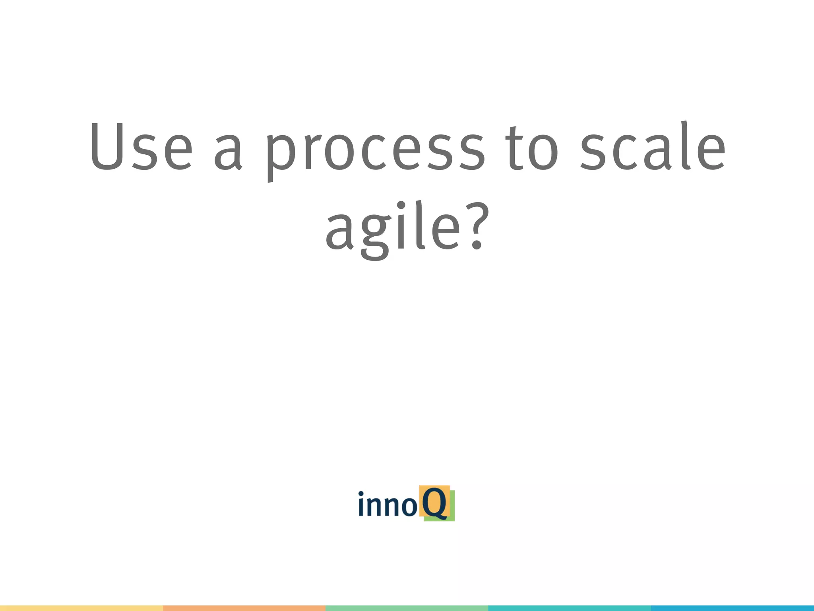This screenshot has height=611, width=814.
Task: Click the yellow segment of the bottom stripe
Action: point(81,608)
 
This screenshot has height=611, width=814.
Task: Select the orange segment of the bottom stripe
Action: point(244,608)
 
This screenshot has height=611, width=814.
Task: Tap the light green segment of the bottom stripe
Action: point(407,608)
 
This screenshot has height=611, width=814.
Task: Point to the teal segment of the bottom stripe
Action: point(569,608)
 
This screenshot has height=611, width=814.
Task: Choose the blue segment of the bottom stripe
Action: point(732,608)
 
